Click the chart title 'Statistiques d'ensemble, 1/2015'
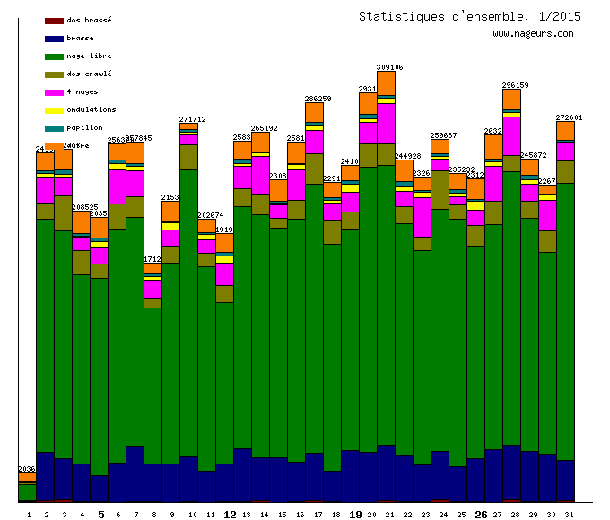pos(469,16)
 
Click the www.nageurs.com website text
pos(532,34)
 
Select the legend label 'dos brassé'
pos(89,20)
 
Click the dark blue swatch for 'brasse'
pos(54,39)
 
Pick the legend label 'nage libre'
pos(89,56)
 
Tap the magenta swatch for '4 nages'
pos(54,92)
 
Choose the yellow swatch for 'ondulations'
pos(54,110)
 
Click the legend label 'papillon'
pos(84,127)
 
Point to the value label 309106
pos(389,67)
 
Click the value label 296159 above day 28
pos(515,85)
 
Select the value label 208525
pos(84,207)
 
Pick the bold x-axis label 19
pos(355,515)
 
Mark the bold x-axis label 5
pos(100,515)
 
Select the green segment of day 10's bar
pos(188,314)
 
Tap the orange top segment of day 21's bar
pos(387,82)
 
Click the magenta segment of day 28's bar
pos(511,136)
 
